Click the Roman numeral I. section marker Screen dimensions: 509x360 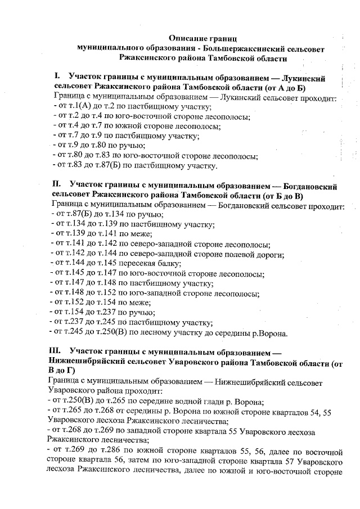point(57,76)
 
